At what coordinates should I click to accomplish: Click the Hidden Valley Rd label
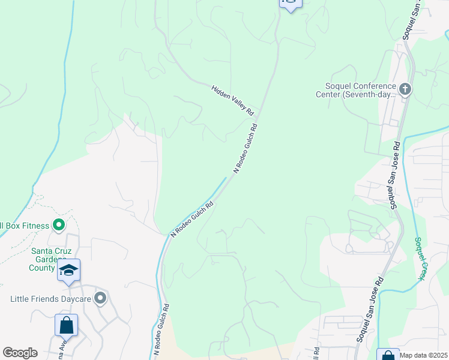[233, 100]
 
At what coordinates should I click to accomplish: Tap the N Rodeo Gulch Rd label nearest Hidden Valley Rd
[246, 148]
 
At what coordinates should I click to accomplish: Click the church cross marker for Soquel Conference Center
[405, 90]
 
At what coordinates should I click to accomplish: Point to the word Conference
[370, 86]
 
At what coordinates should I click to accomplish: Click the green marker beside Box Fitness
[59, 226]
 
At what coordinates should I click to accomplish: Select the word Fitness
[36, 226]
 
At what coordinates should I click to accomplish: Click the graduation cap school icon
[69, 271]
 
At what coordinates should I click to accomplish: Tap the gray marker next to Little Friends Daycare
[100, 298]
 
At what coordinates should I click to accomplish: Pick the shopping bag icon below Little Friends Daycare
[66, 326]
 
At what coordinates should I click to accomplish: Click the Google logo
[20, 353]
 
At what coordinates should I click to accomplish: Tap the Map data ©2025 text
[424, 355]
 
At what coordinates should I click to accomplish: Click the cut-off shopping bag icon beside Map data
[387, 355]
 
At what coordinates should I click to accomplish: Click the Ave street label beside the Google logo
[62, 347]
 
